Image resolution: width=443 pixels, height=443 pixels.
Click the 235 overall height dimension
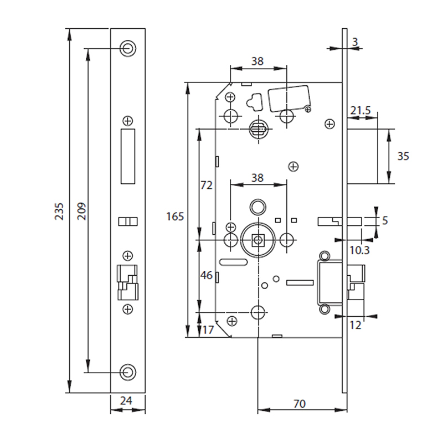[x=60, y=211]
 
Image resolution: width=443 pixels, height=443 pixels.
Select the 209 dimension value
[x=81, y=211]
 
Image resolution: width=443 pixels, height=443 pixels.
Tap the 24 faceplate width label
[x=128, y=400]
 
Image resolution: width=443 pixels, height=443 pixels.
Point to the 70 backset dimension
[x=299, y=404]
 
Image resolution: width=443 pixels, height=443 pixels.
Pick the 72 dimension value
[x=206, y=186]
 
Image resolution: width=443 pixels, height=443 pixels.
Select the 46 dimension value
[x=206, y=275]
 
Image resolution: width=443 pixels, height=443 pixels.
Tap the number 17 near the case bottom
[x=208, y=331]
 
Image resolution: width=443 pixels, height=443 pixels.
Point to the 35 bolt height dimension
[x=403, y=156]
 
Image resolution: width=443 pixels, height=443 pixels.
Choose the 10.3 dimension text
[x=359, y=251]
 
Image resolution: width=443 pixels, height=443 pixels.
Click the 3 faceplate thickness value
[x=355, y=42]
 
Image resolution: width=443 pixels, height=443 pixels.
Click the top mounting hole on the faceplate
[x=128, y=48]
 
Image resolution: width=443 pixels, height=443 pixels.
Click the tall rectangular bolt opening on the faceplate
[x=128, y=156]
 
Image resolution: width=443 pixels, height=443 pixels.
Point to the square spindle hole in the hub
[x=257, y=240]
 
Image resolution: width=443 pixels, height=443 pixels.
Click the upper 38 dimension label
[x=257, y=61]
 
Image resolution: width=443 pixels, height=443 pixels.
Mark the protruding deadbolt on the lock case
[x=363, y=156]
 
